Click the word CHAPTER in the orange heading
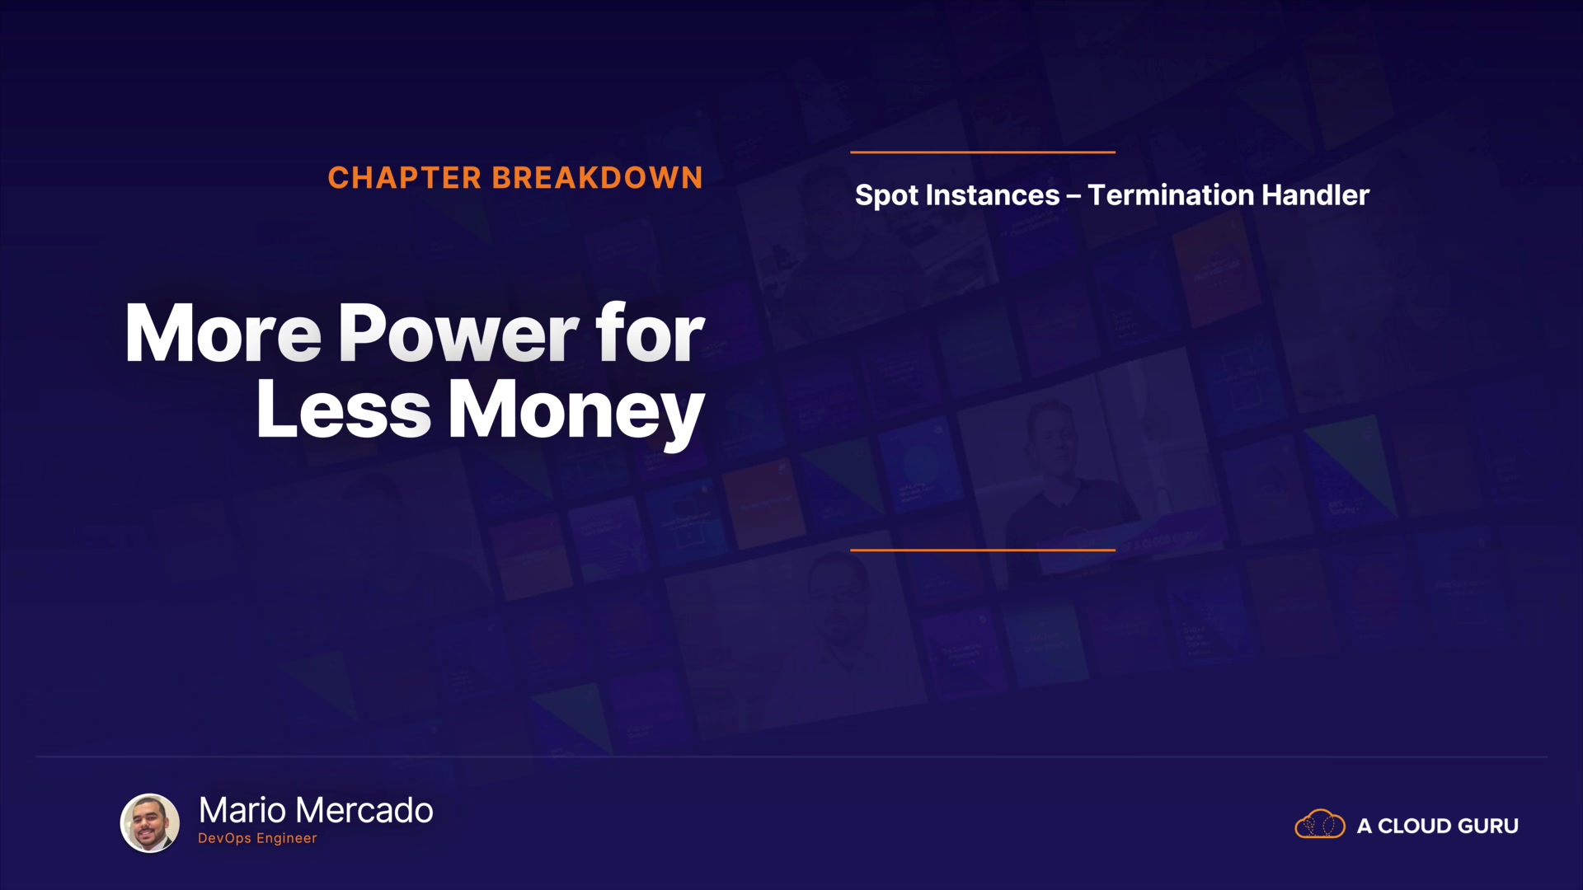click(x=404, y=178)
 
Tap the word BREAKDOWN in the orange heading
click(x=598, y=178)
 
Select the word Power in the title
click(x=458, y=333)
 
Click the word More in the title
click(x=223, y=333)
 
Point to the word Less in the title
click(x=343, y=410)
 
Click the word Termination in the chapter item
click(x=1171, y=195)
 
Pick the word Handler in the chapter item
click(x=1316, y=195)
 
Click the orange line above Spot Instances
click(x=983, y=152)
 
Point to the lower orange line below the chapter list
click(x=983, y=550)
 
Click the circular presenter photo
click(x=150, y=822)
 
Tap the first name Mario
click(x=243, y=811)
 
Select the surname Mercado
click(x=364, y=811)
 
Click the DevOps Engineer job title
click(x=257, y=838)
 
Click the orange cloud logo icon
click(x=1320, y=824)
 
